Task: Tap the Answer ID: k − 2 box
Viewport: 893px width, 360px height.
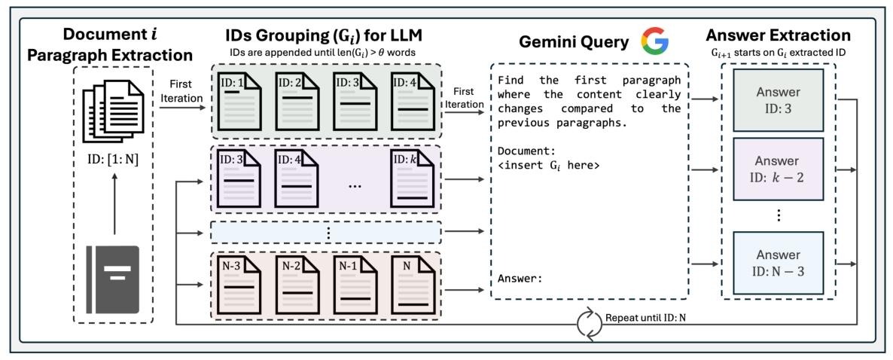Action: click(779, 169)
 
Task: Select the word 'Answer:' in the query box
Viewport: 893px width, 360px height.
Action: click(519, 279)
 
